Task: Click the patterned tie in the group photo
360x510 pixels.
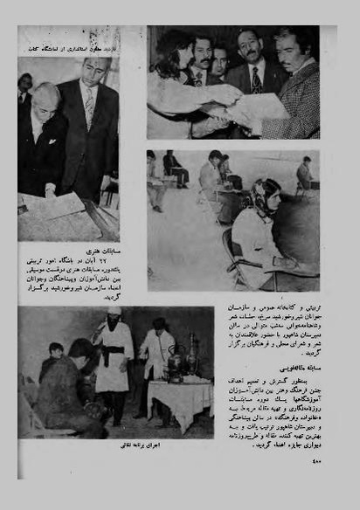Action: pos(257,79)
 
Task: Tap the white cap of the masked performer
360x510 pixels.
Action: pos(114,311)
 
